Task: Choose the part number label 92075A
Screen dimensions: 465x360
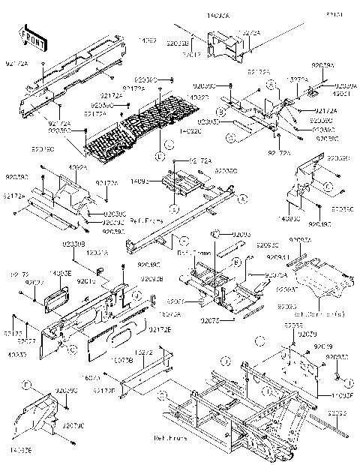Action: click(254, 275)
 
